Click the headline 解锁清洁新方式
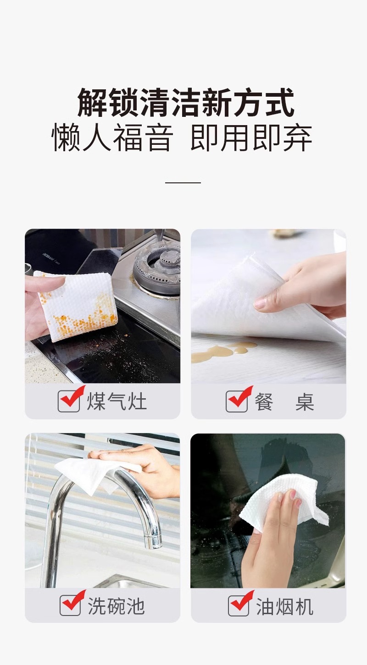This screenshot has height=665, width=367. [186, 102]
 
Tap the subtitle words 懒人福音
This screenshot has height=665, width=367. [112, 138]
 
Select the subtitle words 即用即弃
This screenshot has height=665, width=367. [251, 138]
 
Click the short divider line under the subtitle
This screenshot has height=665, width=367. [183, 182]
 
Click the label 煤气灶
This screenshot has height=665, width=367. [117, 401]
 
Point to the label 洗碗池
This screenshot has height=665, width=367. [116, 606]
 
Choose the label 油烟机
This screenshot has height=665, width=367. [285, 606]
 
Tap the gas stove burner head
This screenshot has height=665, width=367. [157, 265]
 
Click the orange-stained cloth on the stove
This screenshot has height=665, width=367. [76, 306]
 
